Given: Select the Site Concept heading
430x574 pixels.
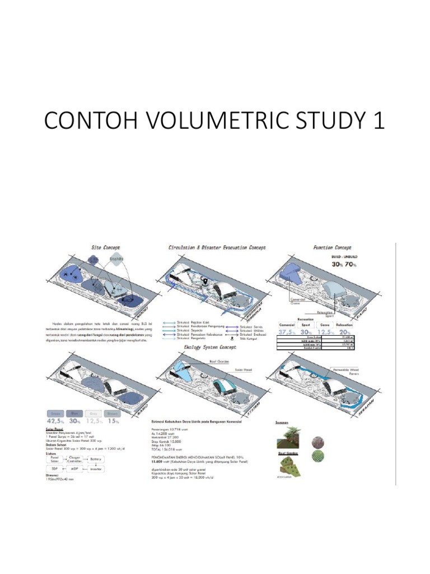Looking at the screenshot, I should pos(106,247).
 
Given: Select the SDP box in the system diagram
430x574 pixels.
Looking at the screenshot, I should pos(55,469).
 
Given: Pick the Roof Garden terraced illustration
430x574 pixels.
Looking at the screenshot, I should pos(289,465).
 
